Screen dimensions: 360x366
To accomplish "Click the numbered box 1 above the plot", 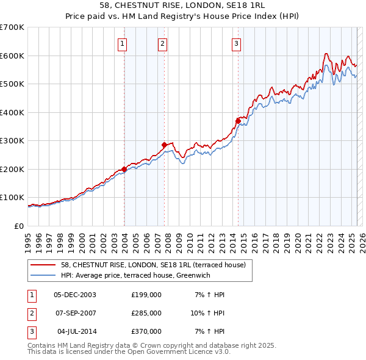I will [123, 43].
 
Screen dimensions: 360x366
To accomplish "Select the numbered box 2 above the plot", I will [163, 43].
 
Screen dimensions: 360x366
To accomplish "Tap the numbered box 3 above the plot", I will [236, 43].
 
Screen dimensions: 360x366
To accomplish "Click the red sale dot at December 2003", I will [124, 169].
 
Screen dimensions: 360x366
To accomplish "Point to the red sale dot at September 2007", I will [165, 145].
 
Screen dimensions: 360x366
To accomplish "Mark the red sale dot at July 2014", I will [238, 121].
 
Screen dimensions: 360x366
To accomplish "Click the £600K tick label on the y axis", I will [12, 56].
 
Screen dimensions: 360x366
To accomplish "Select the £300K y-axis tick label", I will [12, 141].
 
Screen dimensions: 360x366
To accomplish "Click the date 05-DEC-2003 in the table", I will [75, 295].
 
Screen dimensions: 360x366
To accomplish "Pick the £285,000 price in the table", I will [146, 313].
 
